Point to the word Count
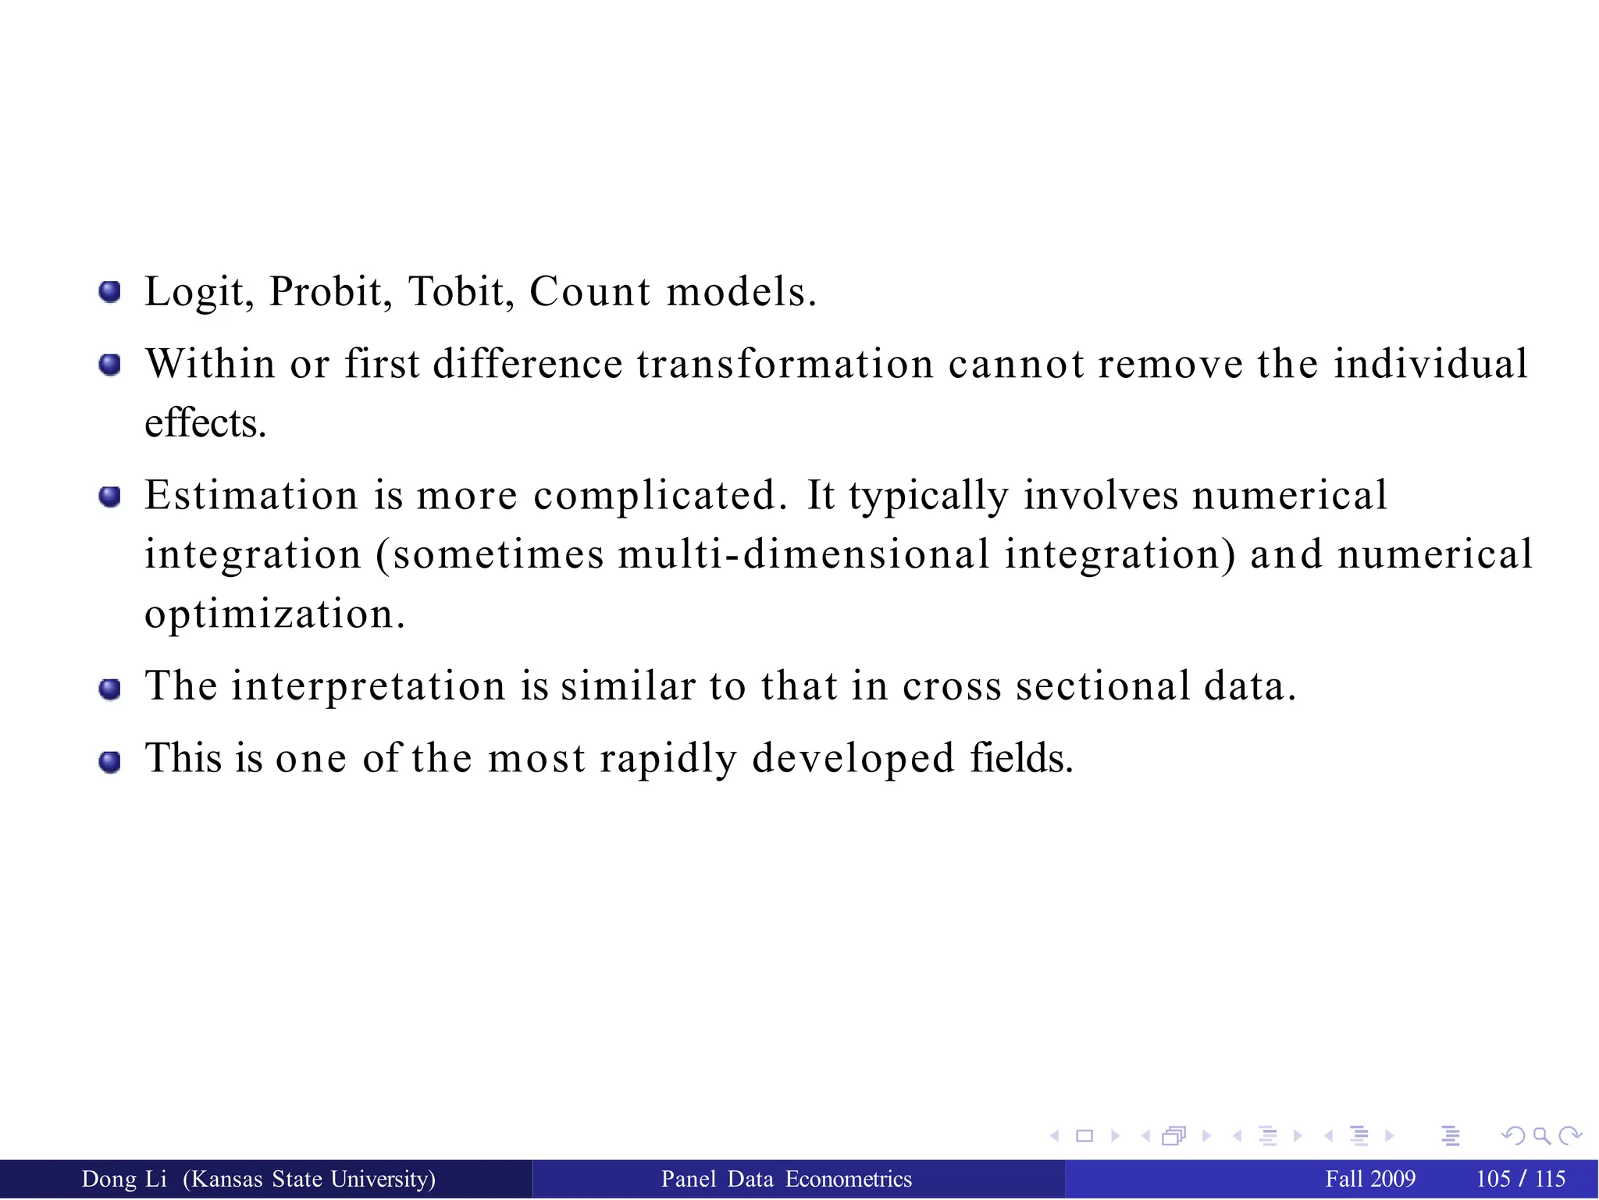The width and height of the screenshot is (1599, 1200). coord(589,293)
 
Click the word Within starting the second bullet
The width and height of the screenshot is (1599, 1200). coord(210,364)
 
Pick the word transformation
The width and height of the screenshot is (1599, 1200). coord(785,364)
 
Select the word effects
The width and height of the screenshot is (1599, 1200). coord(205,424)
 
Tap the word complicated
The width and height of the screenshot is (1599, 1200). coord(660,497)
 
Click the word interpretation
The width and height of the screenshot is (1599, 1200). coord(369,687)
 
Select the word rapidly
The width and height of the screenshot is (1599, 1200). coord(668,759)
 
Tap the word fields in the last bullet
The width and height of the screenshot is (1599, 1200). coord(1021,757)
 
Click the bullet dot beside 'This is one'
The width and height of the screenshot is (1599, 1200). coord(110,761)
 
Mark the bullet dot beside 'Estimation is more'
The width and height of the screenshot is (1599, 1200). coord(110,497)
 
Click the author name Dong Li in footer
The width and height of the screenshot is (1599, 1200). coord(124,1179)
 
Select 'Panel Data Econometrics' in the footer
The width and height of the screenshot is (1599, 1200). coord(786,1179)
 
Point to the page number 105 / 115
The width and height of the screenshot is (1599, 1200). coord(1521,1179)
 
